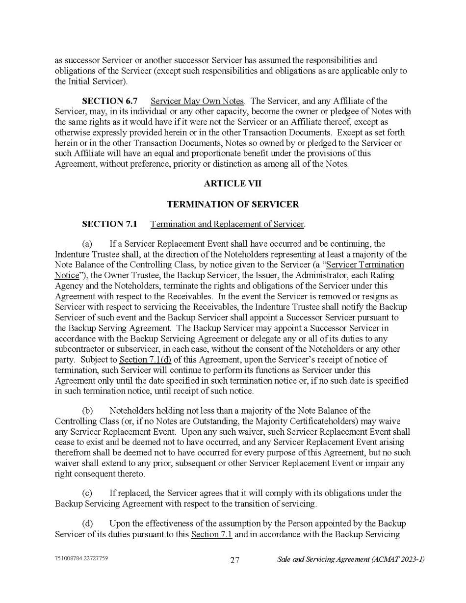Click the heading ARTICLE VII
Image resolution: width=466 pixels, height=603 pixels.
click(233, 184)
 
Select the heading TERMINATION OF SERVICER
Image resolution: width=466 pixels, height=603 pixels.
click(233, 204)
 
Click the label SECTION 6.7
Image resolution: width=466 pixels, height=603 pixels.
click(109, 102)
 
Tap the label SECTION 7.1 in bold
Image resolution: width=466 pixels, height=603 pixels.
click(109, 224)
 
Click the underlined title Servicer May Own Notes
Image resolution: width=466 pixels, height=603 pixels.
click(197, 102)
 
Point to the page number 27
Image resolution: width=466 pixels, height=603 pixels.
click(235, 560)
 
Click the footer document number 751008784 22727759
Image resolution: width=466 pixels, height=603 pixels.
click(81, 559)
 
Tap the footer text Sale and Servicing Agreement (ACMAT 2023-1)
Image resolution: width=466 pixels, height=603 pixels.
click(351, 559)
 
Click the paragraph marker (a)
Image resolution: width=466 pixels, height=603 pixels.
click(87, 244)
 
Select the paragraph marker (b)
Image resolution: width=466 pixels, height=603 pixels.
click(87, 411)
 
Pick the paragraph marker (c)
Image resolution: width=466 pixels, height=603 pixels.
click(87, 493)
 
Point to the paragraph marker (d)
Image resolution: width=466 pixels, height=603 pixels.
click(87, 524)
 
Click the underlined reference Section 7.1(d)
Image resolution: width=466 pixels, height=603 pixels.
click(145, 360)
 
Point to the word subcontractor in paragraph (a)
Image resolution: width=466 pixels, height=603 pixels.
click(79, 349)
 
